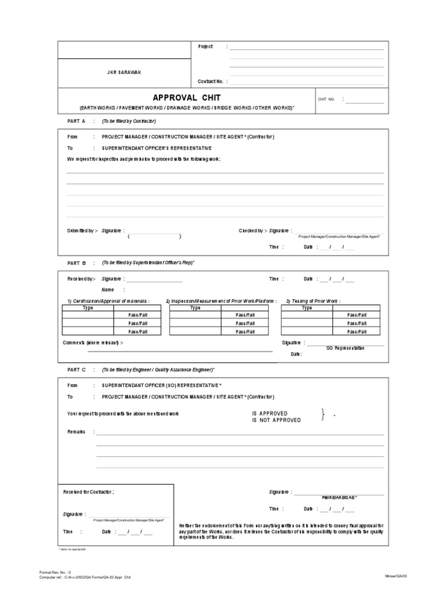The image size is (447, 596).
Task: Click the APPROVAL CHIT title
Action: tap(186, 97)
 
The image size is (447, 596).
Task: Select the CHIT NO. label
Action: tap(327, 100)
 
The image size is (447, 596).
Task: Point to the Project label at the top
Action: tap(205, 47)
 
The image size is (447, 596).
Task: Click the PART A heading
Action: tap(76, 121)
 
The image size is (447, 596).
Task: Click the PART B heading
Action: tap(76, 263)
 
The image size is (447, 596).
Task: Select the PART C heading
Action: tap(76, 370)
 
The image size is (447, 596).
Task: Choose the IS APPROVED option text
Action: tap(269, 413)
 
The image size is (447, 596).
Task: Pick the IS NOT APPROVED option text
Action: tap(276, 420)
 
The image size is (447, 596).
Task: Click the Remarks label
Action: tap(77, 432)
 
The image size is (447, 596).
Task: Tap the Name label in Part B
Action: tap(108, 289)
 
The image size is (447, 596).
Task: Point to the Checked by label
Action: tap(253, 231)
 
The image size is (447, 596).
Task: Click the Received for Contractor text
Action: tap(88, 492)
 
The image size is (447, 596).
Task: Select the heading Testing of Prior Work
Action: tap(313, 301)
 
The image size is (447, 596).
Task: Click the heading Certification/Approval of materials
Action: tap(108, 301)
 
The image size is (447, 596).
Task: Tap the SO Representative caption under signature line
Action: tap(345, 347)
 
